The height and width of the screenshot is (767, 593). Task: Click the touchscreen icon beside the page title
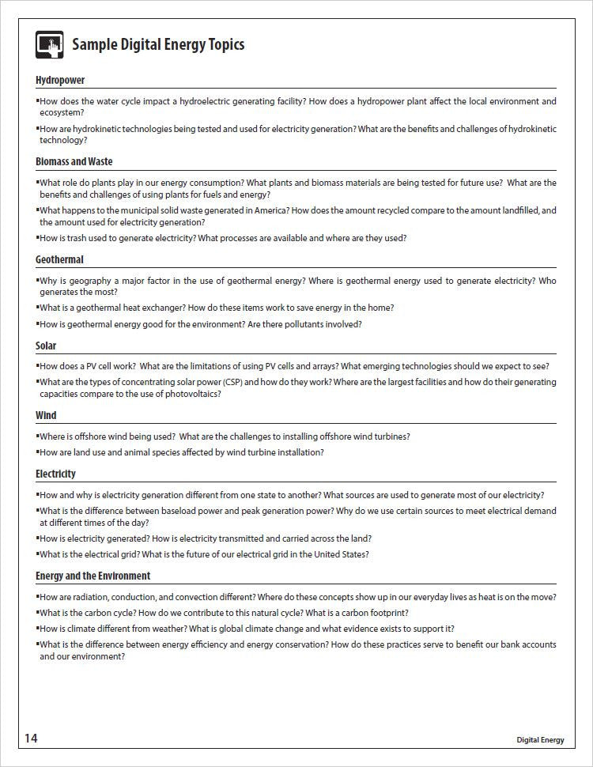click(49, 44)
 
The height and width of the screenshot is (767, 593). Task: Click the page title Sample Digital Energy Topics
click(158, 44)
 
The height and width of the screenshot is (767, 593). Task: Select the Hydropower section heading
click(60, 80)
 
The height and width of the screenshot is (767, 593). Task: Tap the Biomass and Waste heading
click(74, 161)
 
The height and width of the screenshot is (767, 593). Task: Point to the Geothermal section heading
click(59, 259)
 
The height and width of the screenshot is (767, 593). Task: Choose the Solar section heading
click(46, 346)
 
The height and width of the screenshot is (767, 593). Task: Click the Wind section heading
click(46, 415)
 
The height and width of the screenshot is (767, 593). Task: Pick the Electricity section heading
click(55, 474)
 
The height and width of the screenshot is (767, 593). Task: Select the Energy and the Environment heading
click(93, 576)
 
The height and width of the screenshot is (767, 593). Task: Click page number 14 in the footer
click(30, 738)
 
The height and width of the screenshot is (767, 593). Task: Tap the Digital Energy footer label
click(540, 740)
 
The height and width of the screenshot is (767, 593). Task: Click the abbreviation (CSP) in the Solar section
click(251, 382)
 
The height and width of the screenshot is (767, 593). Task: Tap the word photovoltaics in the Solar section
click(189, 394)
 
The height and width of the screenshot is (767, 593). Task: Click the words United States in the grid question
click(340, 554)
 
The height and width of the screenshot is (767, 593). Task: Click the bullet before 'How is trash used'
click(37, 238)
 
